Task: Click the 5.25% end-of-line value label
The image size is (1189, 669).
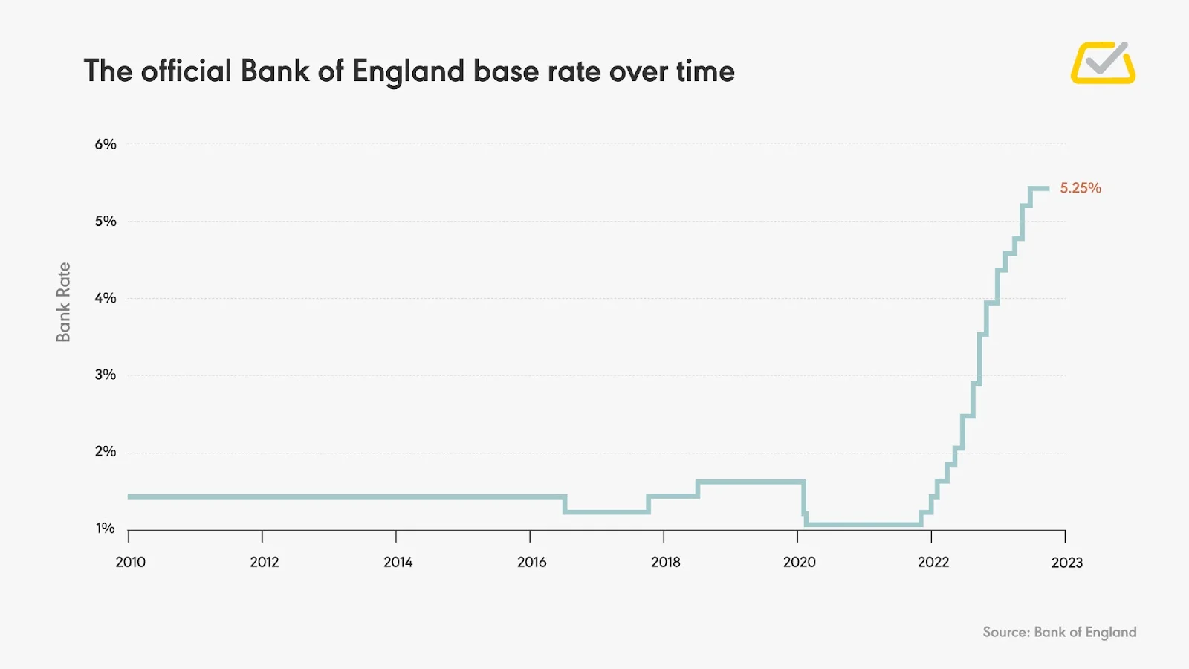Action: pyautogui.click(x=1080, y=188)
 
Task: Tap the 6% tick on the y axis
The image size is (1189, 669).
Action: pyautogui.click(x=106, y=144)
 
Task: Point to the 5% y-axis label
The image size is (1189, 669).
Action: pyautogui.click(x=106, y=221)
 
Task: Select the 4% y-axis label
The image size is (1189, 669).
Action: pyautogui.click(x=106, y=298)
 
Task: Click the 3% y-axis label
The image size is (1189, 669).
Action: pyautogui.click(x=106, y=375)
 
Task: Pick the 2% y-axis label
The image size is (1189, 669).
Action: pyautogui.click(x=106, y=451)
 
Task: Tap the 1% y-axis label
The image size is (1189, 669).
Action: pyautogui.click(x=106, y=529)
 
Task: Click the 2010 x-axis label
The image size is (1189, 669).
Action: pyautogui.click(x=131, y=562)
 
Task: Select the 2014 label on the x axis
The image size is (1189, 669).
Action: pyautogui.click(x=398, y=562)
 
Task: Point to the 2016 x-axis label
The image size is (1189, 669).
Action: pyautogui.click(x=532, y=562)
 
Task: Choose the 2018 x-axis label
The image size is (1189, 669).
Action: pyautogui.click(x=666, y=562)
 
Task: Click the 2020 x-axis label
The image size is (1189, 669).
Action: pyautogui.click(x=800, y=562)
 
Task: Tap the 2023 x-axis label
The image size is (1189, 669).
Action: pyautogui.click(x=1067, y=563)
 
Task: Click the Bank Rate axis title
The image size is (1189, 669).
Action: pyautogui.click(x=64, y=302)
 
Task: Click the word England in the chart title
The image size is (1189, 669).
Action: pyautogui.click(x=408, y=72)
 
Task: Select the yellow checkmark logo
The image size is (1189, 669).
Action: pyautogui.click(x=1103, y=62)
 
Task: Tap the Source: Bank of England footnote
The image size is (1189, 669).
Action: pyautogui.click(x=1059, y=632)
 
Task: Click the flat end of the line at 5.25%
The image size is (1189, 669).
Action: pyautogui.click(x=1040, y=189)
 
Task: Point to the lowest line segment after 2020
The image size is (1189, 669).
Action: pyautogui.click(x=862, y=524)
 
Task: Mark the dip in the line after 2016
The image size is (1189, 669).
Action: pyautogui.click(x=607, y=511)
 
